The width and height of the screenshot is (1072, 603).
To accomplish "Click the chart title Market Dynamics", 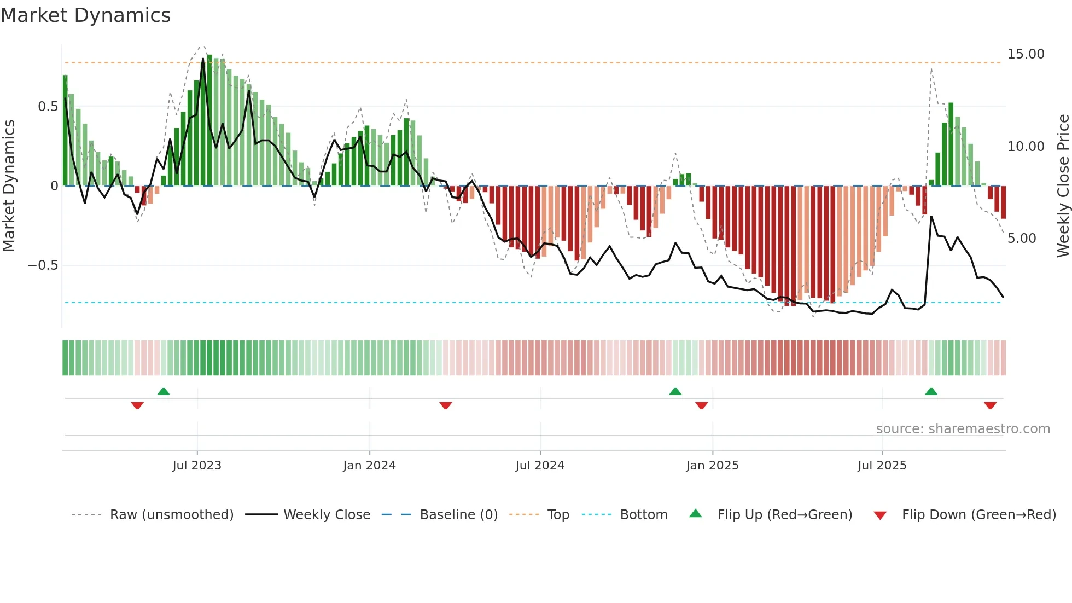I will [x=85, y=15].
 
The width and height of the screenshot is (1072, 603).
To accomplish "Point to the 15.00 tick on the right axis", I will [x=1026, y=54].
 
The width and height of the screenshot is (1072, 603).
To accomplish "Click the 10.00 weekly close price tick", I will [x=1026, y=147].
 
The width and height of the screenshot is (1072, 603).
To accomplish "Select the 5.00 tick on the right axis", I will [x=1021, y=239].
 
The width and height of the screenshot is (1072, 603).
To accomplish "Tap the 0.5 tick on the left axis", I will [x=48, y=107].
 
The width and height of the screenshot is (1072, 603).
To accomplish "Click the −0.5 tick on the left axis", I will [x=43, y=265].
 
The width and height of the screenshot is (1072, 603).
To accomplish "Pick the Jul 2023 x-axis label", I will [x=197, y=466].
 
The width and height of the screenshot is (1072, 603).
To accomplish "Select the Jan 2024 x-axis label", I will [x=369, y=466].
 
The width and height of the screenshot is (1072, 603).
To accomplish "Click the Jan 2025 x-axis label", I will [x=712, y=466].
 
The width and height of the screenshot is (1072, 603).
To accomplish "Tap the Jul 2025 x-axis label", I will [x=882, y=466].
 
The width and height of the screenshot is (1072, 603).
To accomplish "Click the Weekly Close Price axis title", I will [x=1063, y=186].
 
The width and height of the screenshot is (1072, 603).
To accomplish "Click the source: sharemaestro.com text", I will [x=963, y=429].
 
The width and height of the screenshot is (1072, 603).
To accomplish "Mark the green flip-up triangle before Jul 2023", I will [x=164, y=392].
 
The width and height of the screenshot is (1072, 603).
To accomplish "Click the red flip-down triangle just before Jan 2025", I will [x=702, y=405].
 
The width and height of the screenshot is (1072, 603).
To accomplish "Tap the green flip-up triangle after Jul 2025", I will [x=931, y=392].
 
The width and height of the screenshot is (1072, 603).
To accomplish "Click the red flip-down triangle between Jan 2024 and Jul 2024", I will [x=446, y=405].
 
